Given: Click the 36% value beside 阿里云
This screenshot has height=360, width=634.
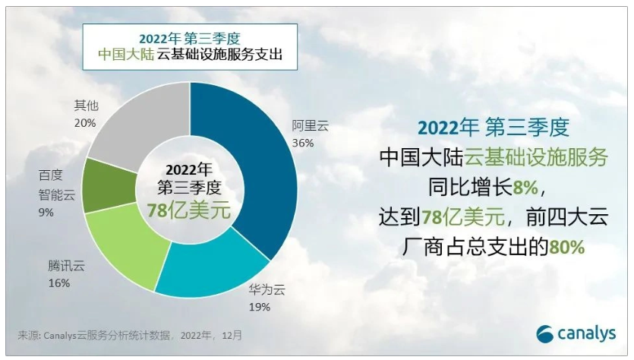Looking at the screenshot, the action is (303, 144).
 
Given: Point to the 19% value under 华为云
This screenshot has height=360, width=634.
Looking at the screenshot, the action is (259, 308).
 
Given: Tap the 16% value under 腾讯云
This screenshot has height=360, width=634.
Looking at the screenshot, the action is (59, 283).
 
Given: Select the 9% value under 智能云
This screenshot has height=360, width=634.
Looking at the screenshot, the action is (46, 213).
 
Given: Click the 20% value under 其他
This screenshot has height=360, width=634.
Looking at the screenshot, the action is (85, 123).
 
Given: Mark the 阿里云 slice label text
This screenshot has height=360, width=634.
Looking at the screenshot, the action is (311, 126).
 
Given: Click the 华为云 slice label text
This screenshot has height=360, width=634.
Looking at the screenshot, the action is (267, 289).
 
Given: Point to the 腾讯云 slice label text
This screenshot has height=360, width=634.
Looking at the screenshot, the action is (67, 266).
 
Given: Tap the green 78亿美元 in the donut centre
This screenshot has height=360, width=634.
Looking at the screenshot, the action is (189, 210).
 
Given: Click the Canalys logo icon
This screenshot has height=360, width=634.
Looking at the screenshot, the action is (545, 334).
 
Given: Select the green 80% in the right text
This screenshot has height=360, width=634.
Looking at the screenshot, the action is (566, 247).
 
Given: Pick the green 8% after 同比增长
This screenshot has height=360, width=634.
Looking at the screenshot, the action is (525, 188).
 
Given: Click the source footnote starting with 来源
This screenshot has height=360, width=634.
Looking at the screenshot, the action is (130, 336).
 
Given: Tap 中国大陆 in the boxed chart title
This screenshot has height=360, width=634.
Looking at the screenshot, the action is (126, 55).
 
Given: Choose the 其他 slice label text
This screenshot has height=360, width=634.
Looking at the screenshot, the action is (86, 106).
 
